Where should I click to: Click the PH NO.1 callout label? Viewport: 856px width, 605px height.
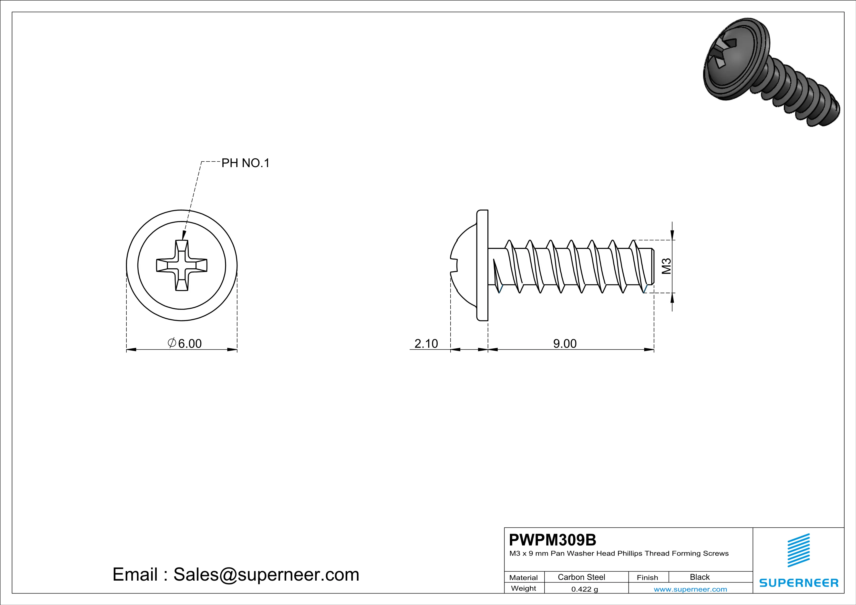(245, 163)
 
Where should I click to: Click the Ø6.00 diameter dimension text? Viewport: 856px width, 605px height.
(185, 343)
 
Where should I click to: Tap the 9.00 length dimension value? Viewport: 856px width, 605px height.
(565, 343)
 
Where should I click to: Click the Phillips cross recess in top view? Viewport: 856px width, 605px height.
(182, 265)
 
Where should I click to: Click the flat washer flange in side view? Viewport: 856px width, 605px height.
(483, 265)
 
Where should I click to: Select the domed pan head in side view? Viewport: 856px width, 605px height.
(464, 265)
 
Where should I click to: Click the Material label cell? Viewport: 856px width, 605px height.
(524, 577)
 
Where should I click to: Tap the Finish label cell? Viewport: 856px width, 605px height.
(647, 577)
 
